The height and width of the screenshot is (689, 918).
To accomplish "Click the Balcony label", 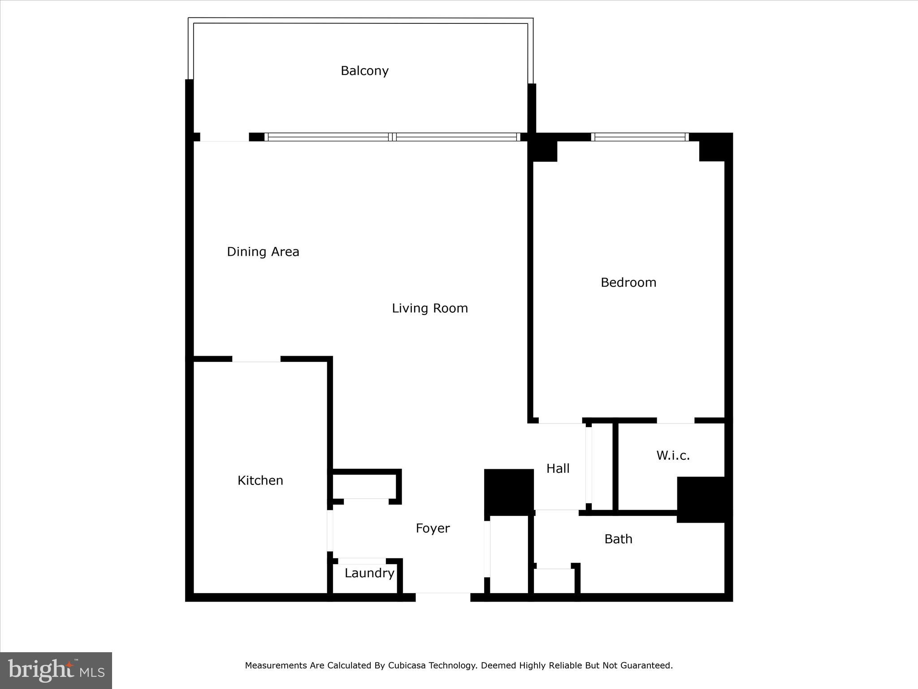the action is point(364,71).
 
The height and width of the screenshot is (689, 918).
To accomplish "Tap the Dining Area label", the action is point(263,252).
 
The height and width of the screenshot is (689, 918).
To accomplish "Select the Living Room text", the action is point(430,308).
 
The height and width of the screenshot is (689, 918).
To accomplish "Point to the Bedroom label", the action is point(628,282).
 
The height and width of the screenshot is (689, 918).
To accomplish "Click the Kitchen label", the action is point(260,480).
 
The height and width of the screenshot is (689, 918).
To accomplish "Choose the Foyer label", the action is point(433,528).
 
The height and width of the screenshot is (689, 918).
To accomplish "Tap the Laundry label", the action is point(369,573).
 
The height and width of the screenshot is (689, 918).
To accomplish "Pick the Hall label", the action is point(558,469).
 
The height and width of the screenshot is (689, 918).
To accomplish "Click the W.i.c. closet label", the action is point(673,456).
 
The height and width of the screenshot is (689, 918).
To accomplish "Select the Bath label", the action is point(618,539).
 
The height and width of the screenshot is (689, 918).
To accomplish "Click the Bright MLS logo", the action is point(56,670).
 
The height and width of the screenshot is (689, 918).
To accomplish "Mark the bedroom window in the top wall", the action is point(640,137).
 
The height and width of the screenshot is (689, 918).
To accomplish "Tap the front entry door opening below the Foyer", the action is point(443,597).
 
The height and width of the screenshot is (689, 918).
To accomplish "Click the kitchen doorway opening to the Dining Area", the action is point(256,359).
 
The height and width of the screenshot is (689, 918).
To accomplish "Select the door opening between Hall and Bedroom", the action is point(560,421).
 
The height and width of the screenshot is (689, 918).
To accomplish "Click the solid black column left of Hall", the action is point(509,492).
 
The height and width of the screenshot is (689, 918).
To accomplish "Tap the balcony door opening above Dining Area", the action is point(224,137).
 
